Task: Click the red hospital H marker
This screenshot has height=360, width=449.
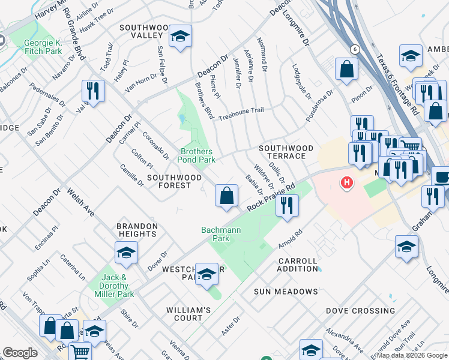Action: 346,182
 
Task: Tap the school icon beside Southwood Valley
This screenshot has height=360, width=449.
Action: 180,37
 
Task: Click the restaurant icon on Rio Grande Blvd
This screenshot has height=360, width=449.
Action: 93,91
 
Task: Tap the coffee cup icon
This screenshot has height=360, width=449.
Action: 441,177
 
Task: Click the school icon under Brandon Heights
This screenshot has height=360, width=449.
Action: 126,253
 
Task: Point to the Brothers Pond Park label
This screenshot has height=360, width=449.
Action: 196,155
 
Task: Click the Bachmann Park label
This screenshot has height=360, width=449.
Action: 220,234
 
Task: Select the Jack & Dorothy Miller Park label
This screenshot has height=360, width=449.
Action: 114,286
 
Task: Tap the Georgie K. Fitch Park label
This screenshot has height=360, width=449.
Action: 43,47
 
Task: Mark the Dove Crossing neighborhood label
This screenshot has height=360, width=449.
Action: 360,311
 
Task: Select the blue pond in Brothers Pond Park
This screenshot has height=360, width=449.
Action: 181,119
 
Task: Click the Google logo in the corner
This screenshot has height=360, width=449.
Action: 20,353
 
